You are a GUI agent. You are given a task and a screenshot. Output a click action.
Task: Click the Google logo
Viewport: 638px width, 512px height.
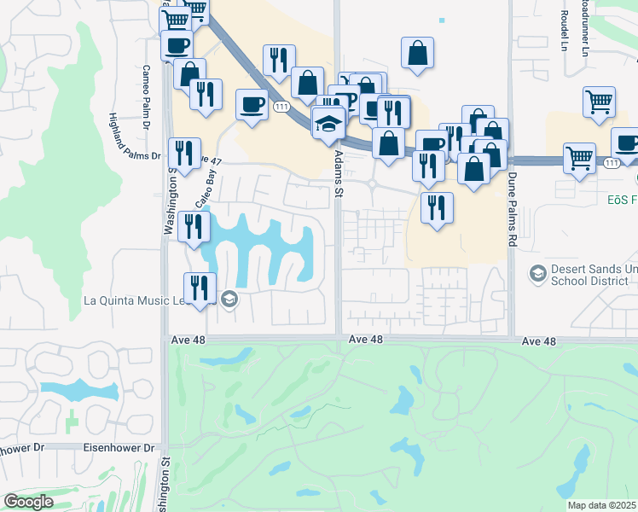27,502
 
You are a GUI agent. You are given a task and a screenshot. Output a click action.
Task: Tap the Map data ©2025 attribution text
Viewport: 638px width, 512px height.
601,505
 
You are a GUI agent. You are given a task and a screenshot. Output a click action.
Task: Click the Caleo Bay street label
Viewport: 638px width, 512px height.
203,189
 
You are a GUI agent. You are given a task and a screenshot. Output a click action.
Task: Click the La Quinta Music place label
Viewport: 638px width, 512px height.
148,300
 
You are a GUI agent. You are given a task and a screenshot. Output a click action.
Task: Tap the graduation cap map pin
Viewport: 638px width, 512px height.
328,125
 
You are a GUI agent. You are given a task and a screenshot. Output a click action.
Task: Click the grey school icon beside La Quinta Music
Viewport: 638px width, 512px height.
228,299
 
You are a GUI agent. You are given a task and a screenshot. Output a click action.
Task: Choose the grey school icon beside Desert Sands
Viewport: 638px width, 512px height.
537,274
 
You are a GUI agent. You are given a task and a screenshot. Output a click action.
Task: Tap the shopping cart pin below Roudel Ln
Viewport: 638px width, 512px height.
600,102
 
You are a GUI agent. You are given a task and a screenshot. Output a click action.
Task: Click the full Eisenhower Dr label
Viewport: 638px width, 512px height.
119,447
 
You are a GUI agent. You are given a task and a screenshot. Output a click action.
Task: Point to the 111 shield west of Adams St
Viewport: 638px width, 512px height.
281,106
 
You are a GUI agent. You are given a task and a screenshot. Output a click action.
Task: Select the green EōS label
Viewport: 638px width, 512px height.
622,199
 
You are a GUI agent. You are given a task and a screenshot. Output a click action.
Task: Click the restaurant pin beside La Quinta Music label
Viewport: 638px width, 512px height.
200,288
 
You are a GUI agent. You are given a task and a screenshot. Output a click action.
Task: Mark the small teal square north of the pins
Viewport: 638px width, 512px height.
441,20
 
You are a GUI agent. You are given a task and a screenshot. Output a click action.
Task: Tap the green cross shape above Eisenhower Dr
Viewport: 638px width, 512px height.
72,421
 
